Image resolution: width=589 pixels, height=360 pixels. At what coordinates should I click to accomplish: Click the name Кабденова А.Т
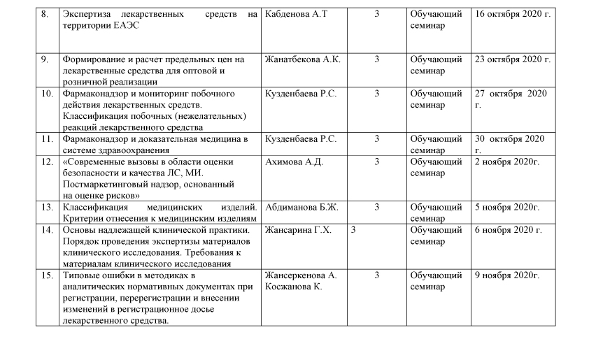(x=297, y=13)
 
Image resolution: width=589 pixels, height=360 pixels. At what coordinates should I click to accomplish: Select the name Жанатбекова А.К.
(x=303, y=59)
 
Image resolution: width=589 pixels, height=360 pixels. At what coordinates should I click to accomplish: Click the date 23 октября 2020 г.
(x=513, y=59)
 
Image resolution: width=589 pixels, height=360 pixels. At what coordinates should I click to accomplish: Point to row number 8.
(x=45, y=13)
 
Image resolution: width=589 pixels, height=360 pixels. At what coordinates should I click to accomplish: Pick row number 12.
(x=47, y=161)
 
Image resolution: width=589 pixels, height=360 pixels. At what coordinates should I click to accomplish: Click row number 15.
(x=47, y=275)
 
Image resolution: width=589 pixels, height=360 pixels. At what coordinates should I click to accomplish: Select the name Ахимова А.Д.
(x=294, y=161)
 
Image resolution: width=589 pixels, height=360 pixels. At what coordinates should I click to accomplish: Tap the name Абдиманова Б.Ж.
(x=301, y=207)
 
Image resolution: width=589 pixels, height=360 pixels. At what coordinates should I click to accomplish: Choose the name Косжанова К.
(x=294, y=287)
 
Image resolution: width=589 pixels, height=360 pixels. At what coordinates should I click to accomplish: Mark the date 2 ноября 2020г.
(x=507, y=161)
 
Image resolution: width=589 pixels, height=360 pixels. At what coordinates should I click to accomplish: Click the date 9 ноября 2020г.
(x=507, y=275)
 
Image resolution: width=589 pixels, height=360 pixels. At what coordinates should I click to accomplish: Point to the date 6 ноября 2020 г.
(x=509, y=230)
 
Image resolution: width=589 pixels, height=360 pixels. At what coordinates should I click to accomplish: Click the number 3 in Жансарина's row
(x=353, y=230)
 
